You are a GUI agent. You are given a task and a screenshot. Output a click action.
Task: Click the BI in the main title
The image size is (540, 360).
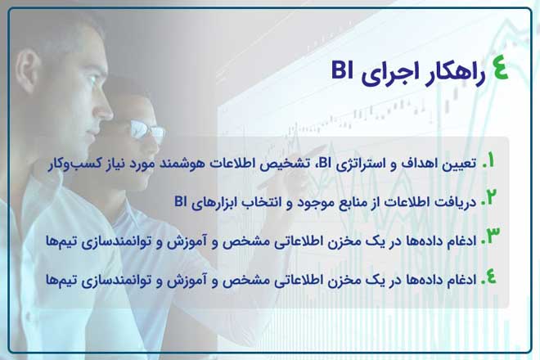(342, 70)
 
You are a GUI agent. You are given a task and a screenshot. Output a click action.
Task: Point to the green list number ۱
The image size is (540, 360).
(489, 161)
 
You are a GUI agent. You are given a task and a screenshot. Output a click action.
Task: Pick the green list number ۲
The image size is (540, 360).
(489, 199)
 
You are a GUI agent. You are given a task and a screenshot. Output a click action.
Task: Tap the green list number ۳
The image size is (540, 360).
(490, 237)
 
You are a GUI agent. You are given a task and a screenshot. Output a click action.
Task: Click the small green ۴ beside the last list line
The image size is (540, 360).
(489, 277)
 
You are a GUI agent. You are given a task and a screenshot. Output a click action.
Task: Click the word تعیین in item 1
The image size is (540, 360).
(460, 164)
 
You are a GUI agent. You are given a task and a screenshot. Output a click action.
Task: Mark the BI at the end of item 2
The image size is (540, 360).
(181, 200)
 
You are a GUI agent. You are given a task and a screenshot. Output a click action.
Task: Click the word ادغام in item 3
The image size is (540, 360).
(461, 241)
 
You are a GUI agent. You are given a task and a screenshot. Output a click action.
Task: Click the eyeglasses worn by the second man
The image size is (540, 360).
(147, 130)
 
